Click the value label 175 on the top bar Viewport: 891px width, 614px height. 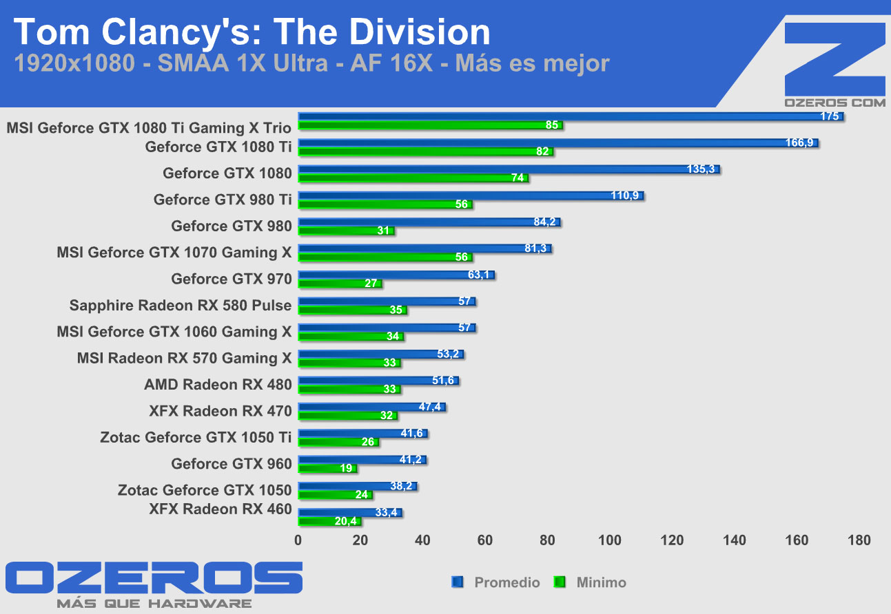pos(830,116)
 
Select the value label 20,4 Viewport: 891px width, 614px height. pos(347,522)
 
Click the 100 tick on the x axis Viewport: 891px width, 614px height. pos(611,540)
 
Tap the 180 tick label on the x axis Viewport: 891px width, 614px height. pos(859,540)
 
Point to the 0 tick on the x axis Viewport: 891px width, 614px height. pos(298,540)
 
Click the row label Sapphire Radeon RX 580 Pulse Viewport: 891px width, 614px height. pos(181,305)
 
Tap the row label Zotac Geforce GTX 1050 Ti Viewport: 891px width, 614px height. pos(196,437)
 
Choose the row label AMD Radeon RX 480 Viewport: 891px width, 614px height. pos(218,384)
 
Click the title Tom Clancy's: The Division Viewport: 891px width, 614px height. pos(252,32)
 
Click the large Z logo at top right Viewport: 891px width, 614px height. pos(834,59)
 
